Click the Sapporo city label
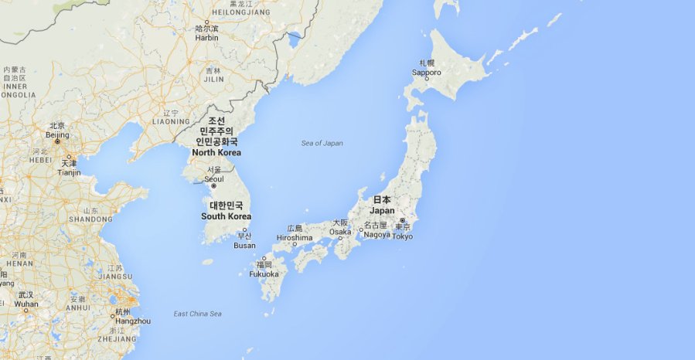pos(427,73)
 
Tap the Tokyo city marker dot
pos(402,220)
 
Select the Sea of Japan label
pos(322,143)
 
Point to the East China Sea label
pos(197,314)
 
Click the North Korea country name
pos(216,152)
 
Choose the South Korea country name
pos(226,216)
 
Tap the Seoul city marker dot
pos(214,186)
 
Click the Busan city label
pos(244,246)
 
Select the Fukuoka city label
pos(264,273)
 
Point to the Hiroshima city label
pos(294,238)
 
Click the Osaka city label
pos(340,232)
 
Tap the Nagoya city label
pos(377,234)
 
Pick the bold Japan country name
pos(382,210)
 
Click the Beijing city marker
pos(56,142)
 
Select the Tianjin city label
pos(69,172)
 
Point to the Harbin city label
pos(206,37)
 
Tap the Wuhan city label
pos(26,304)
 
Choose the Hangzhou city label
pos(133,321)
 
